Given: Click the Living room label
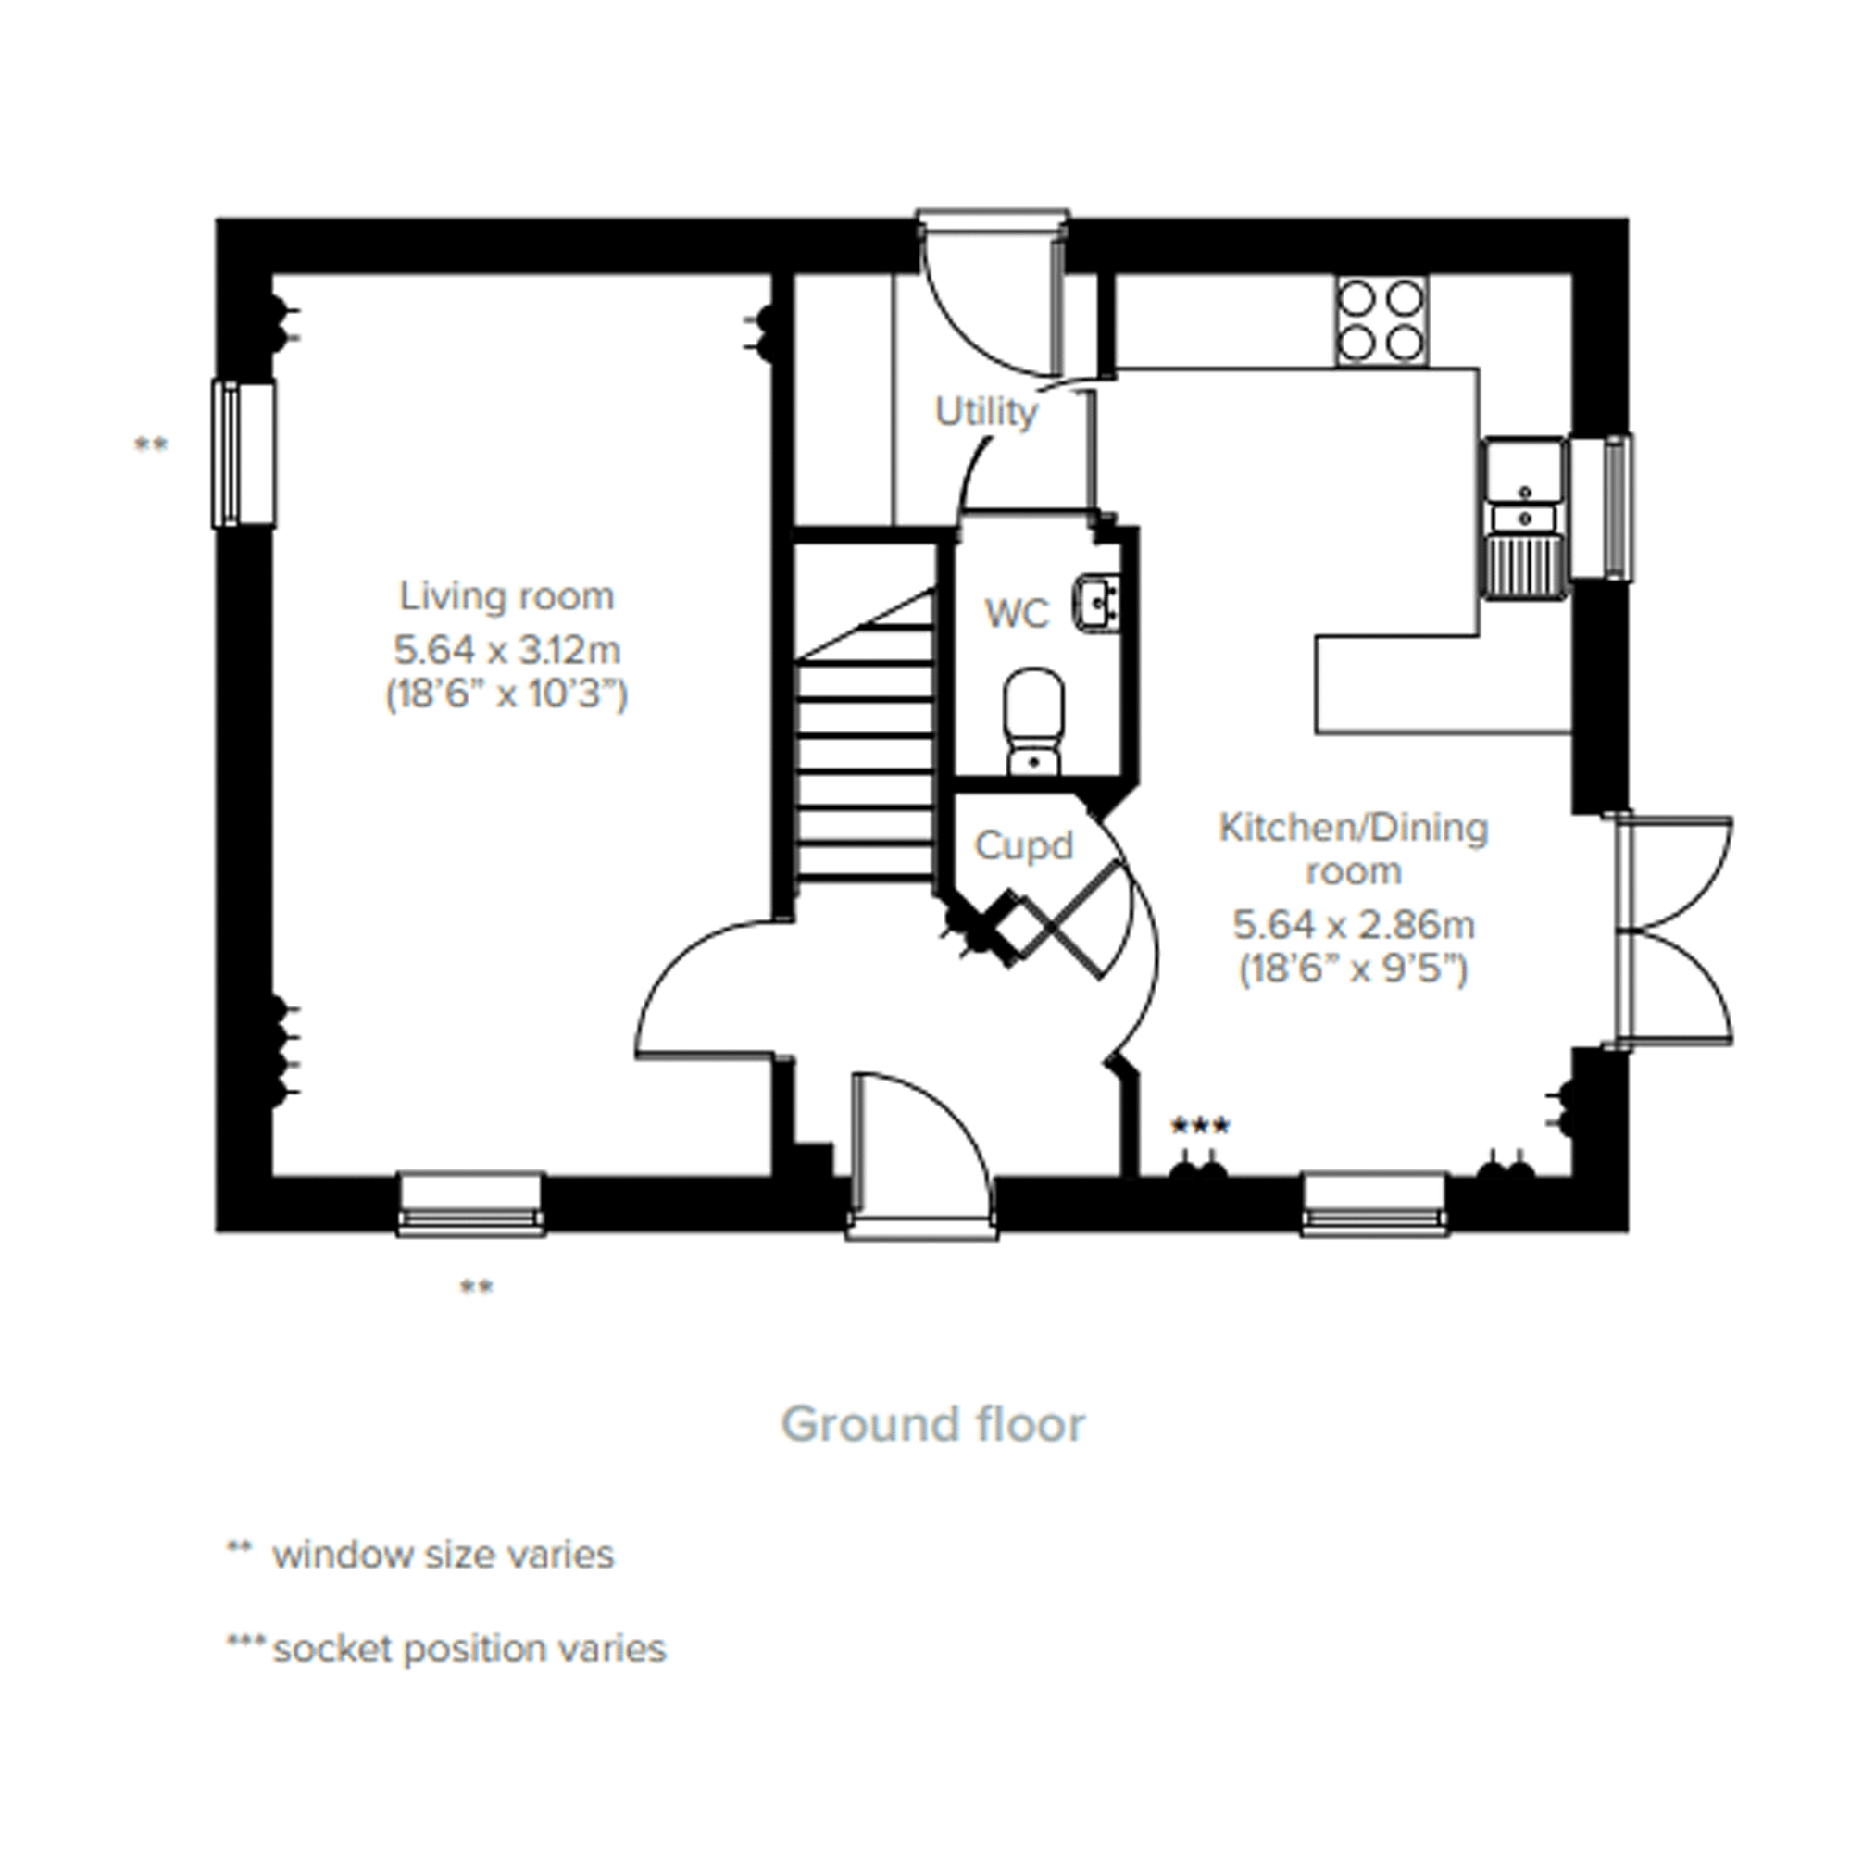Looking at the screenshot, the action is pyautogui.click(x=506, y=596).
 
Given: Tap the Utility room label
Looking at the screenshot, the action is pyautogui.click(x=986, y=412).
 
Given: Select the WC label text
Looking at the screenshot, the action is pyautogui.click(x=1017, y=614).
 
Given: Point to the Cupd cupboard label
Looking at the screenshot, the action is pyautogui.click(x=1024, y=846).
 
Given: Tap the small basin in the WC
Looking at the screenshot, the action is pyautogui.click(x=1097, y=604).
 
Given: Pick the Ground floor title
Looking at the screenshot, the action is pyautogui.click(x=932, y=1425).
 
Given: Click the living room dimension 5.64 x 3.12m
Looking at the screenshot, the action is pyautogui.click(x=506, y=648).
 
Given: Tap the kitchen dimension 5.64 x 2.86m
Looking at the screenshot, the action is pyautogui.click(x=1354, y=925).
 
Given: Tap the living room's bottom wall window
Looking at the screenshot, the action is pyautogui.click(x=470, y=1205).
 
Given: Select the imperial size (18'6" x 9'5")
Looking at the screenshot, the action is pyautogui.click(x=1354, y=969).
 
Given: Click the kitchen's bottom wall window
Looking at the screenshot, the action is pyautogui.click(x=1374, y=1205).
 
